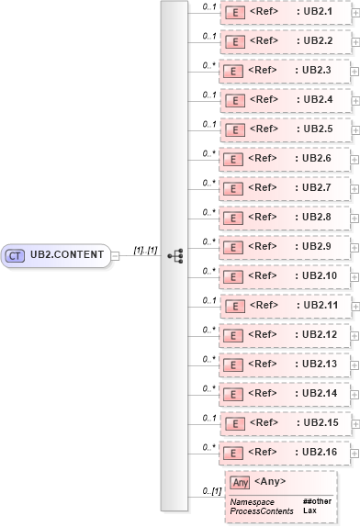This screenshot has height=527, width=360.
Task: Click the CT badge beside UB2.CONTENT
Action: [x=16, y=255]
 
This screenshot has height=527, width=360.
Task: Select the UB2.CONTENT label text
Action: [x=67, y=255]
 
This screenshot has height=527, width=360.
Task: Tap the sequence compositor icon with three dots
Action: [x=175, y=255]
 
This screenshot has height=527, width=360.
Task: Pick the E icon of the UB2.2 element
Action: [x=234, y=42]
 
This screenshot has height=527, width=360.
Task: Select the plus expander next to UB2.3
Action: [x=355, y=72]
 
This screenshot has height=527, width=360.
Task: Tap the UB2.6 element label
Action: [x=318, y=159]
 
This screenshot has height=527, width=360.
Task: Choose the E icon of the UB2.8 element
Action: [x=234, y=219]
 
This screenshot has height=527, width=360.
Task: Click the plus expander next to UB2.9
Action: [x=355, y=248]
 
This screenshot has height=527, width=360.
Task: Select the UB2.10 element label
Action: [x=321, y=276]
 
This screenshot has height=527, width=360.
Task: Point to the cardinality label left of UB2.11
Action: [x=208, y=300]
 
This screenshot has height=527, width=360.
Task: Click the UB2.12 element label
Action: [x=321, y=335]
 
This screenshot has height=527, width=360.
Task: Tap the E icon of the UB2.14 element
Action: [x=234, y=395]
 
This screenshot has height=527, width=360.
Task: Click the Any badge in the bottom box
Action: [x=239, y=482]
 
